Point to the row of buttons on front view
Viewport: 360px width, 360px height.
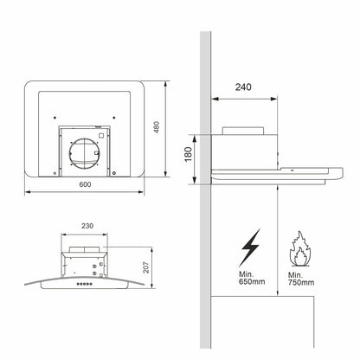84,281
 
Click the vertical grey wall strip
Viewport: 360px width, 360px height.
206,216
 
